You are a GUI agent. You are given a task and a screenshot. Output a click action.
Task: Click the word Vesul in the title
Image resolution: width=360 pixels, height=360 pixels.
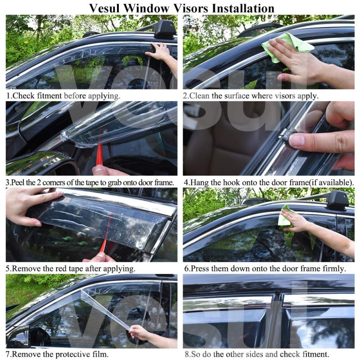pos(104,8)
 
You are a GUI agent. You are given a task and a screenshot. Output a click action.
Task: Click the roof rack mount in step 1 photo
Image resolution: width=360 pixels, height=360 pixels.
pos(165,29)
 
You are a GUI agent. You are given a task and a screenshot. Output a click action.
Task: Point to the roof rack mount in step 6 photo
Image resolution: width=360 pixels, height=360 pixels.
pos(337,200)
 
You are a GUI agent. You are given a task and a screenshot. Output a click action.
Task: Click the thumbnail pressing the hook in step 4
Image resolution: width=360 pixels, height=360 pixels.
pos(297,140)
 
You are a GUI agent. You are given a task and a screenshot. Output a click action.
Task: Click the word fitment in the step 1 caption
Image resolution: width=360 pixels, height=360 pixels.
pos(49,95)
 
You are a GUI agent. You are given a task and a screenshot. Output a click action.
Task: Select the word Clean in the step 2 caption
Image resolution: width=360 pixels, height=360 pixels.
pos(199,95)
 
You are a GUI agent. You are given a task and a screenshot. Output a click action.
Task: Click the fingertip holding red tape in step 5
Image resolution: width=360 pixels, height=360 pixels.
pos(100,255)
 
